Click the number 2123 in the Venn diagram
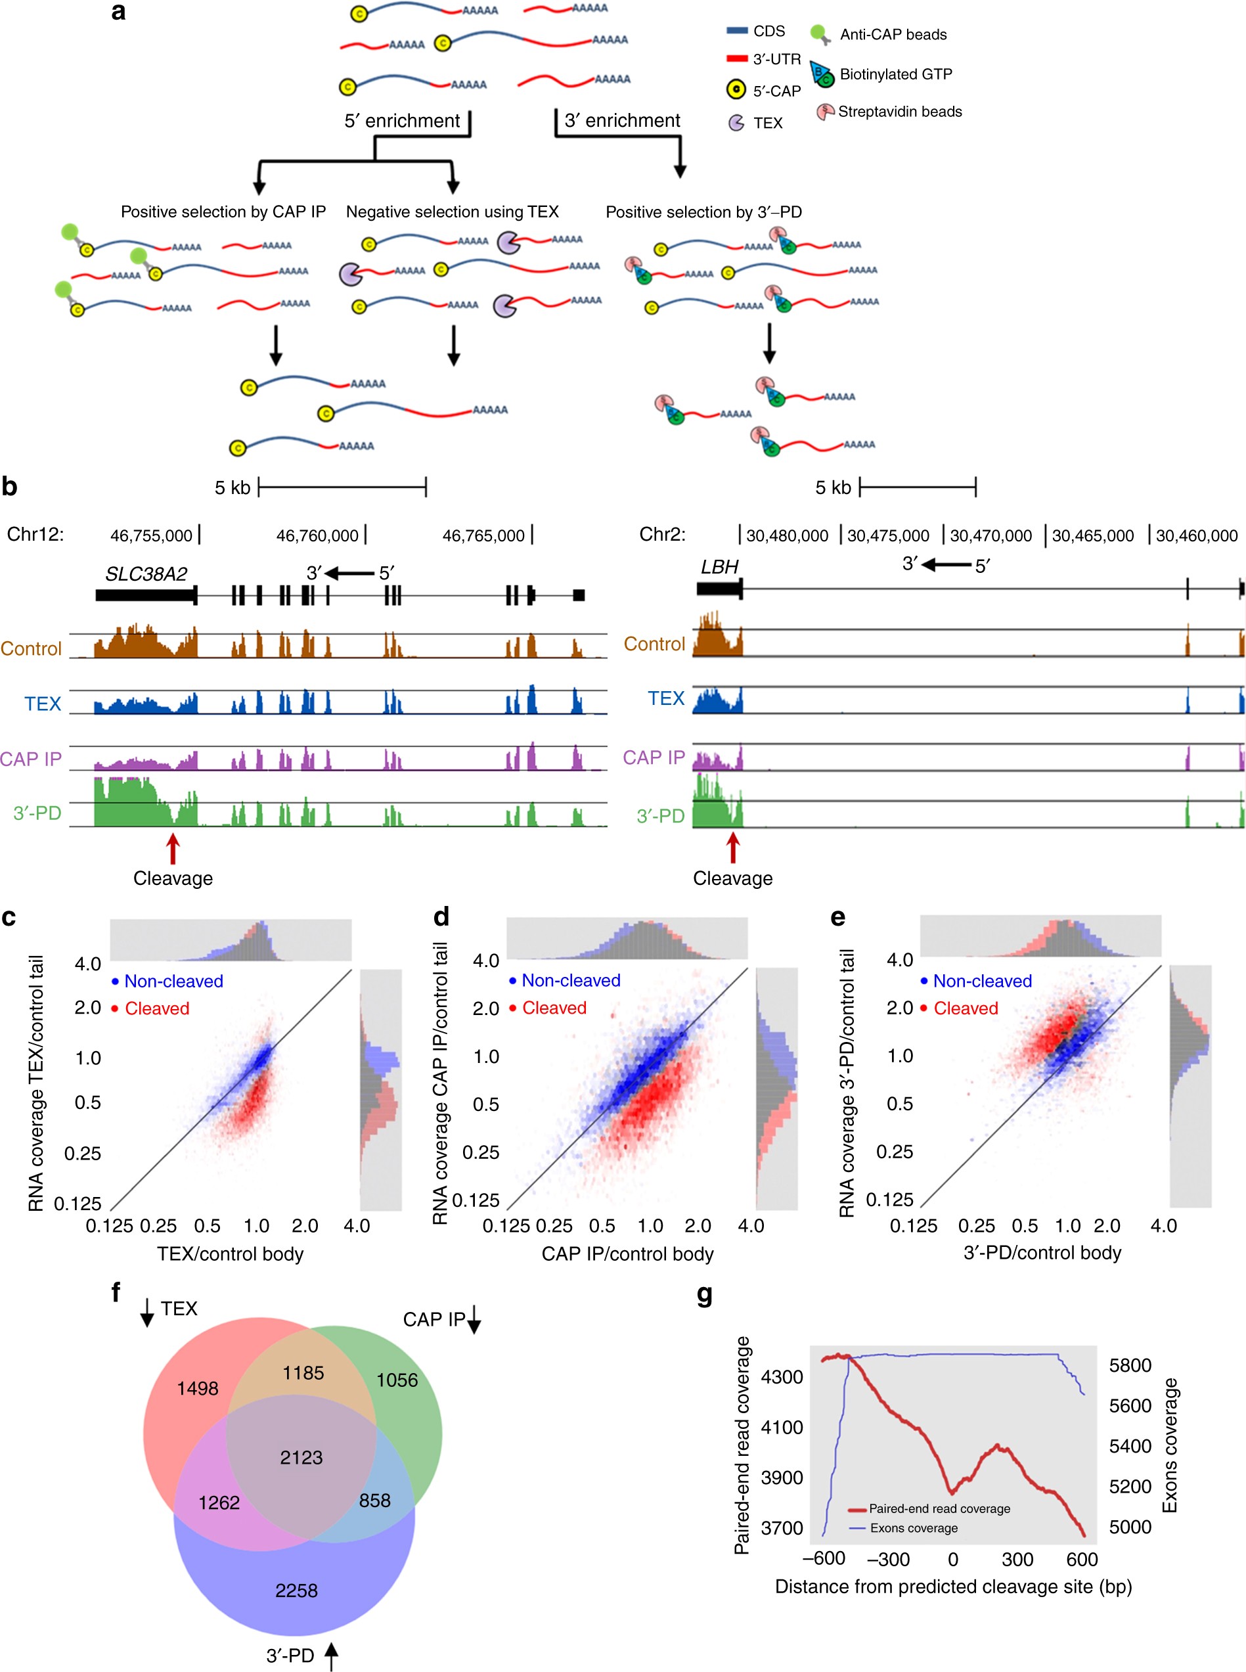301,1457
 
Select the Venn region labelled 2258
296,1590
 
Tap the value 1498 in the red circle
198,1388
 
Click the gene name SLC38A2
146,574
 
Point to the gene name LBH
719,566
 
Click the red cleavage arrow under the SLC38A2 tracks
173,849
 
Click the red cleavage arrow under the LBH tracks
732,847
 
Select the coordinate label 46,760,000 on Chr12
317,535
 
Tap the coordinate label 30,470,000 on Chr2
990,535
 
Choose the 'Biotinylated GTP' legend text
896,74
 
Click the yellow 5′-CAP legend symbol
736,91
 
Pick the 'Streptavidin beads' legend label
900,112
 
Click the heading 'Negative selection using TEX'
453,212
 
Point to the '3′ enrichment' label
622,121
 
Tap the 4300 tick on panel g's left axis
782,1377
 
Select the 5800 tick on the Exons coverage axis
1130,1365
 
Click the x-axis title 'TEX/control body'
230,1254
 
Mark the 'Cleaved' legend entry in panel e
966,1008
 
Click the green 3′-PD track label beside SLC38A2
37,813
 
